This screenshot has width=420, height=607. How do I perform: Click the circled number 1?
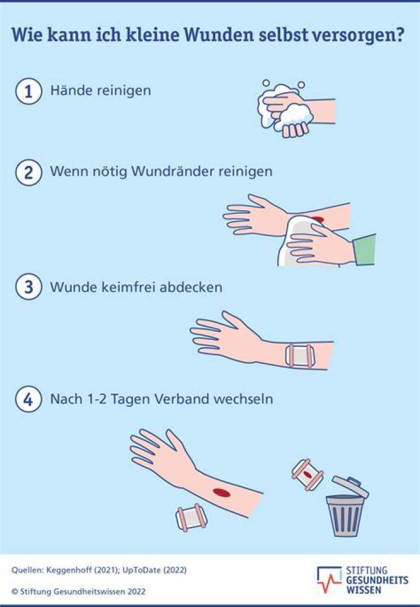click(29, 91)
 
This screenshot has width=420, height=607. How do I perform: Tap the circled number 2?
click(29, 172)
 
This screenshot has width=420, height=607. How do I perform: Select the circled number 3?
click(29, 288)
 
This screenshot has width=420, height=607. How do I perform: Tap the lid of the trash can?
click(349, 487)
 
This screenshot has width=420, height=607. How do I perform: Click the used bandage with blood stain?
click(307, 474)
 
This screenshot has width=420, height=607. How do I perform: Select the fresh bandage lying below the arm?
click(191, 518)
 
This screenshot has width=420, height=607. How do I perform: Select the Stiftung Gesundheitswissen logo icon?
click(330, 578)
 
